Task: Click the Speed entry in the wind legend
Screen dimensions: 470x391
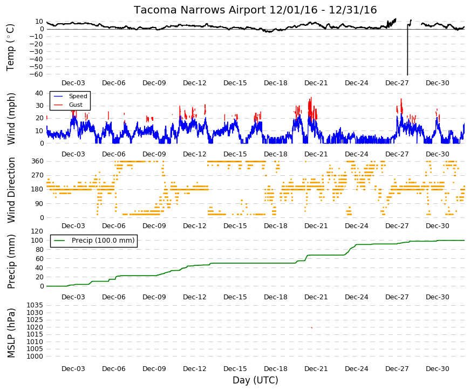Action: tap(78, 96)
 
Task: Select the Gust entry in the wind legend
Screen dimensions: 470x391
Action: tap(76, 105)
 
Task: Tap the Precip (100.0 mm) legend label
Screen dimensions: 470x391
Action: tap(103, 241)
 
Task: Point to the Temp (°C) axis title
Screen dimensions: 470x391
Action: tap(10, 47)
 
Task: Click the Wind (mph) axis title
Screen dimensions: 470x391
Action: tap(11, 119)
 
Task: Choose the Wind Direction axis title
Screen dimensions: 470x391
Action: tap(11, 190)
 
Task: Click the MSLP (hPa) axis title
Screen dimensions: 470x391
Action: tap(11, 333)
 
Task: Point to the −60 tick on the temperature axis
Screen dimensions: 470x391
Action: tap(37, 74)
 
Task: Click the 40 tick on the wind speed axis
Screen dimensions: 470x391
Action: tap(39, 93)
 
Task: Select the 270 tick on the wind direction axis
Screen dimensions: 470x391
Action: tap(38, 175)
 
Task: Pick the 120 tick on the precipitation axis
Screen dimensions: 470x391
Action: tap(38, 231)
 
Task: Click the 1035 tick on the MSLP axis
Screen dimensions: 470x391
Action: tap(35, 305)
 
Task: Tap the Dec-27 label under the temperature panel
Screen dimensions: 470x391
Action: tap(397, 83)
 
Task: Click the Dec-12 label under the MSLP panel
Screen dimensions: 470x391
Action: tap(195, 369)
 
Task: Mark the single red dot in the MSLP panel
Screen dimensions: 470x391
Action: tap(312, 328)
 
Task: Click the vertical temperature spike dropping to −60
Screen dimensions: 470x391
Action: tap(407, 50)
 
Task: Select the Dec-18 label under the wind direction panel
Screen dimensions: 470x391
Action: tap(275, 226)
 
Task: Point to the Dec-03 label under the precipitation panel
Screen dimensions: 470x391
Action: tap(73, 297)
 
